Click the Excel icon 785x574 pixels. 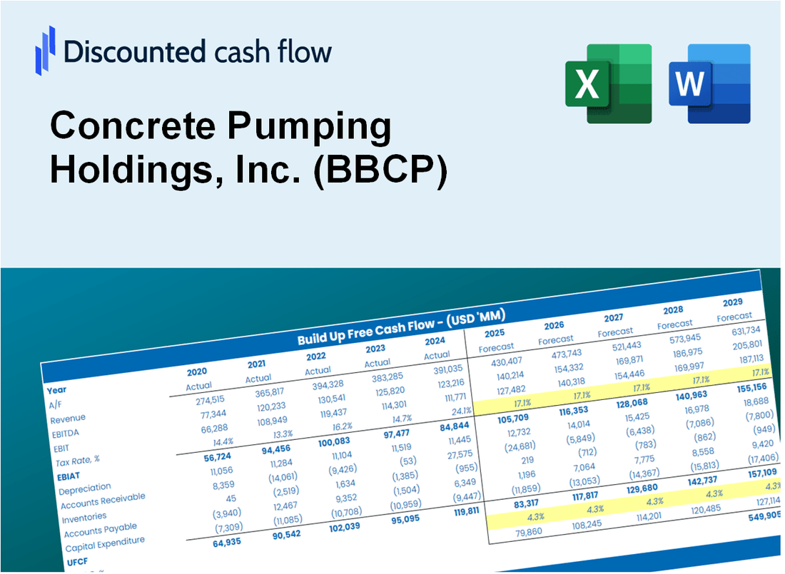(x=607, y=83)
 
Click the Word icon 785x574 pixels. (x=709, y=83)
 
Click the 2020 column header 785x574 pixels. (x=197, y=371)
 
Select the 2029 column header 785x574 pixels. (x=732, y=302)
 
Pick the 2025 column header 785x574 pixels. (x=495, y=333)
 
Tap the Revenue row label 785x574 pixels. (x=68, y=418)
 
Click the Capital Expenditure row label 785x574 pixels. (x=104, y=544)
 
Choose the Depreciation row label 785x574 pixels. (x=85, y=488)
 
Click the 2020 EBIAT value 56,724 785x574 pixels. (x=203, y=457)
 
